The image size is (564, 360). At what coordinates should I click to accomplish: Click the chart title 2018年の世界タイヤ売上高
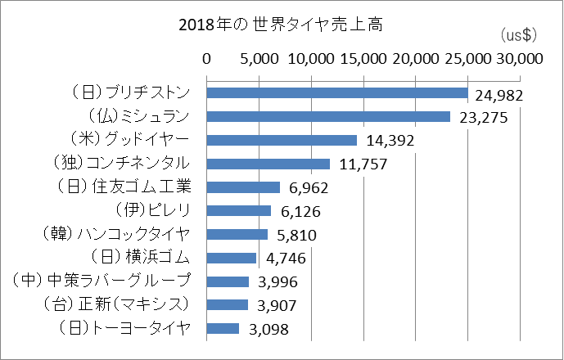(282, 25)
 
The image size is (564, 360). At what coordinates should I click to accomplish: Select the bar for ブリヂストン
(336, 93)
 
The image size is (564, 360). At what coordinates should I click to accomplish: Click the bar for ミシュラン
(328, 117)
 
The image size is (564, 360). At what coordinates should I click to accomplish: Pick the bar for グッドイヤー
(282, 140)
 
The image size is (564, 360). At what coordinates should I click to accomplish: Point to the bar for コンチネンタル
(268, 164)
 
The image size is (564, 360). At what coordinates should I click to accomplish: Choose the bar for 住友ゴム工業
(243, 187)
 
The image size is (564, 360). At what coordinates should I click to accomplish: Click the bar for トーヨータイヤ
(223, 328)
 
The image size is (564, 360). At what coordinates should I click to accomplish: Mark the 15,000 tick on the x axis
(363, 59)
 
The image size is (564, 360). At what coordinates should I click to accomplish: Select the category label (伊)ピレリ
(153, 210)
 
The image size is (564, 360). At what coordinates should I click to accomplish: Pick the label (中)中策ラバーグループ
(103, 281)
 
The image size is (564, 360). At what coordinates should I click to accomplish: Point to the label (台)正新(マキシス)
(115, 304)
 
